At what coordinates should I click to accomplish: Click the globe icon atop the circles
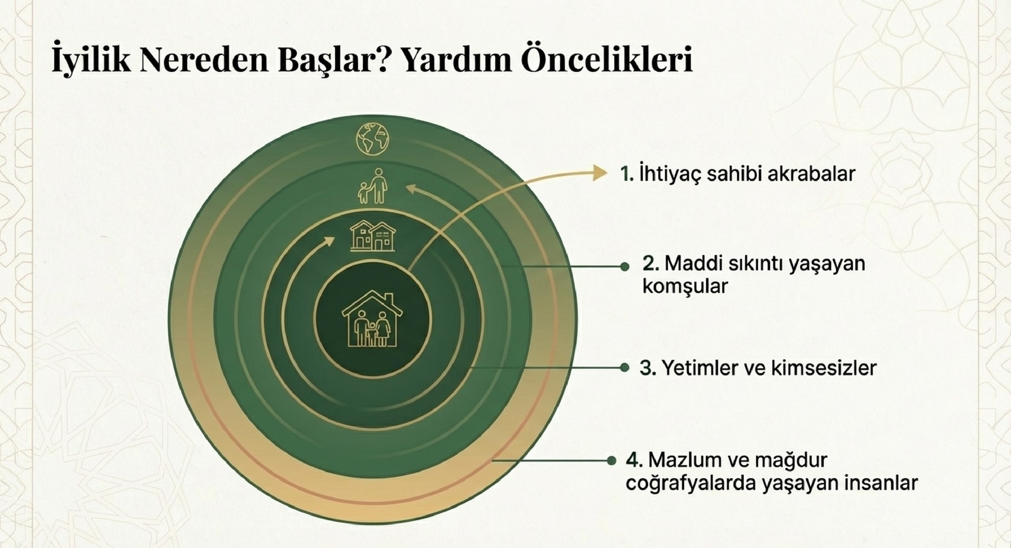[x=373, y=139]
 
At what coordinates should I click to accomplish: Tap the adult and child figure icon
[x=373, y=186]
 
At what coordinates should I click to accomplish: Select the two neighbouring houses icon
[x=373, y=236]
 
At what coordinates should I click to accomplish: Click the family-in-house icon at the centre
[x=373, y=319]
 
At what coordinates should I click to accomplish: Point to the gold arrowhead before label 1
[x=599, y=173]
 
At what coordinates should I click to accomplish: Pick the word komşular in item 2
[x=685, y=286]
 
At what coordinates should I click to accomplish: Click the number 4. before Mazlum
[x=634, y=460]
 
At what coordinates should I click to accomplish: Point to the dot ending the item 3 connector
[x=624, y=368]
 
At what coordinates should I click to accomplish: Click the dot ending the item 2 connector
[x=625, y=267]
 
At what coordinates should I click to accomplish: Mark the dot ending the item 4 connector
[x=612, y=461]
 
